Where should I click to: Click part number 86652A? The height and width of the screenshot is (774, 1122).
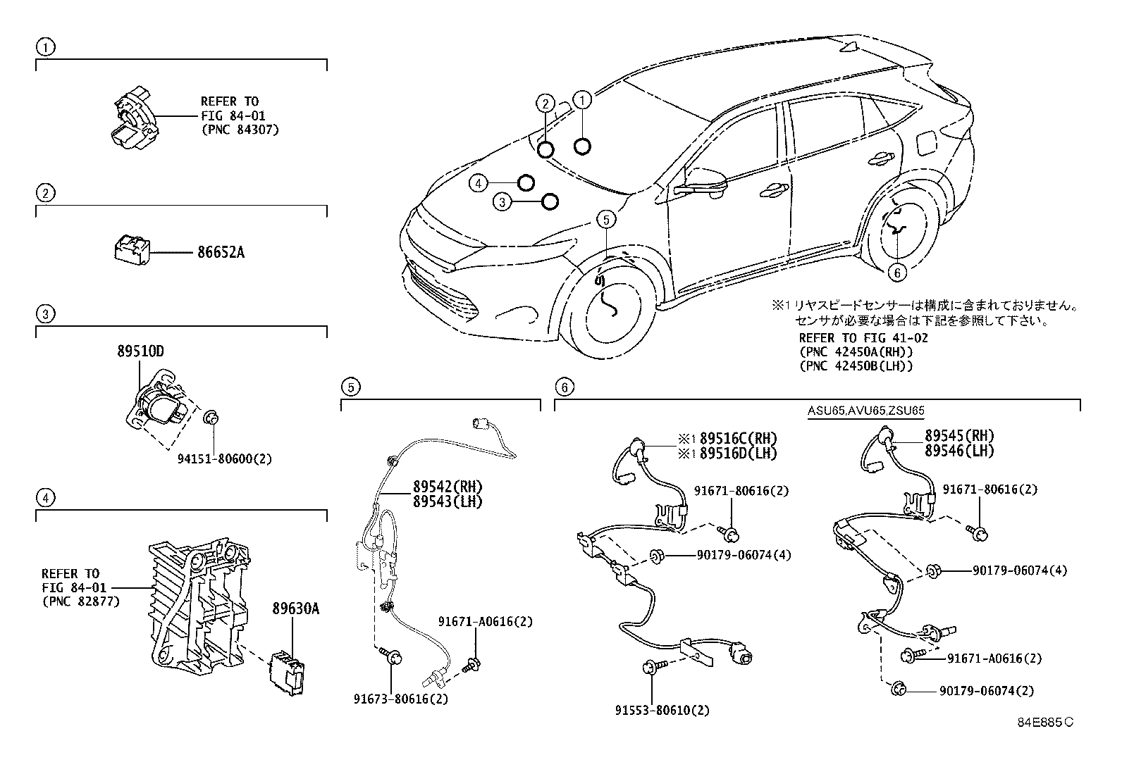[216, 252]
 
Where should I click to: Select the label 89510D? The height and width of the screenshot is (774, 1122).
[141, 351]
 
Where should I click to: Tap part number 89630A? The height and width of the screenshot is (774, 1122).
[296, 608]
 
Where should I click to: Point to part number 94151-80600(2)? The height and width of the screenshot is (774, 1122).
[224, 458]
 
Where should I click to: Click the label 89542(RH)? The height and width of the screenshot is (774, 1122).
[448, 487]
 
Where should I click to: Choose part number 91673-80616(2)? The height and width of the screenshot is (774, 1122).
[401, 699]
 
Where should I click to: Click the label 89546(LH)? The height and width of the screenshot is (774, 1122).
[959, 451]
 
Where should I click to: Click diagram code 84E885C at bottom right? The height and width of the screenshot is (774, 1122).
[1044, 721]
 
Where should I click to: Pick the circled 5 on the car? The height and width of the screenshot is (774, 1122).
[606, 220]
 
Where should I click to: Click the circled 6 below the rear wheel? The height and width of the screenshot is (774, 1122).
[896, 271]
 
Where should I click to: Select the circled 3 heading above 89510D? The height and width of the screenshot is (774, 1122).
[44, 313]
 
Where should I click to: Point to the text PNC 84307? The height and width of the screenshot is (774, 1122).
[240, 130]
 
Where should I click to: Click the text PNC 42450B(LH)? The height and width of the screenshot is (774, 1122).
[856, 366]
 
